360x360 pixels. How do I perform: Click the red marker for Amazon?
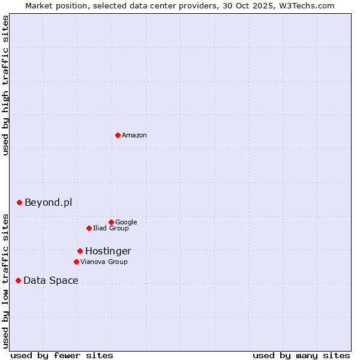tap(118, 135)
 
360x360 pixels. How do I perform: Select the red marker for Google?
tap(111, 222)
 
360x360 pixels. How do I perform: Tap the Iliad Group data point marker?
tap(89, 228)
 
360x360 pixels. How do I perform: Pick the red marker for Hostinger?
tap(80, 251)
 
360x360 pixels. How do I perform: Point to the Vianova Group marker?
tap(76, 262)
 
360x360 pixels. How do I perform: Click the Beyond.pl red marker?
tap(19, 202)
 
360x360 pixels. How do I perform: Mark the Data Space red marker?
tap(18, 280)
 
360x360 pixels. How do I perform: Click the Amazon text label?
tap(134, 136)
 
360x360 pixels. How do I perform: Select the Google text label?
tap(126, 223)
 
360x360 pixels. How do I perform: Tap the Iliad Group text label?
tap(111, 229)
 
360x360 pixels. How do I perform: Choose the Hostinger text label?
tap(108, 251)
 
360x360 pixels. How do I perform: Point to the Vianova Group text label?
tap(104, 262)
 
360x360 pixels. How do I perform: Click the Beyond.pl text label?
tap(48, 203)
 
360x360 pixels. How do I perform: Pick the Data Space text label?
tap(51, 281)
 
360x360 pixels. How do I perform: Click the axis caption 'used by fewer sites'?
tap(62, 355)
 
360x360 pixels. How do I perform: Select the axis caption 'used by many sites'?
tap(301, 355)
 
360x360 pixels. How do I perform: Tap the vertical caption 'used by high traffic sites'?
tap(6, 85)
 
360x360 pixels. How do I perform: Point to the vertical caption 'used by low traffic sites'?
tap(6, 280)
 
